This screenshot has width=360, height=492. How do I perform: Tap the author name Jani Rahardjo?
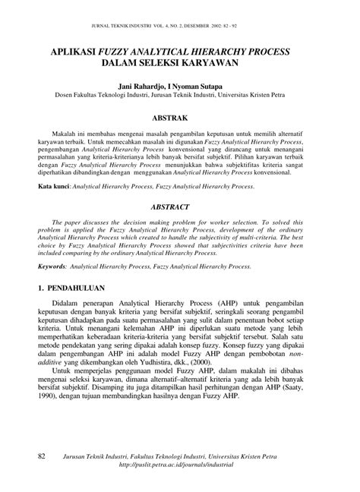click(145, 87)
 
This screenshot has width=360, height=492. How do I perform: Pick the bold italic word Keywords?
click(58, 267)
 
